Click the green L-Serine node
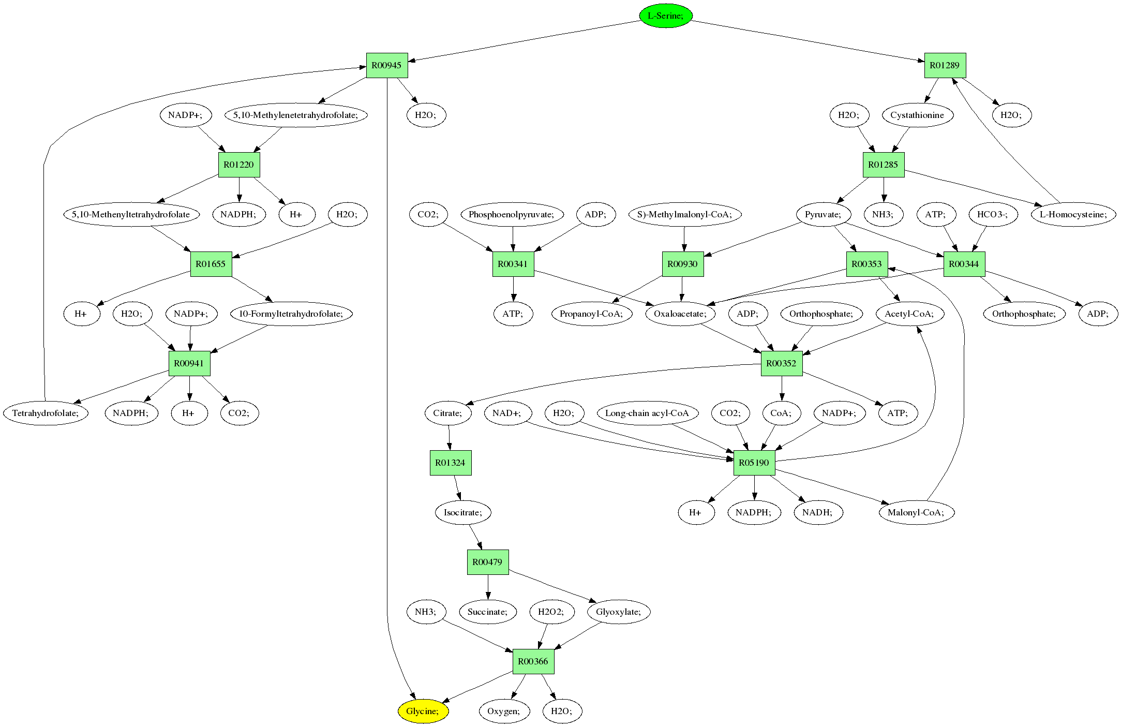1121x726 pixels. pyautogui.click(x=665, y=16)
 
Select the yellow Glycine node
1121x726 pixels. pyautogui.click(x=423, y=711)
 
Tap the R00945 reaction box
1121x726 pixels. pyautogui.click(x=386, y=65)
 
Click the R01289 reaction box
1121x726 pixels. pyautogui.click(x=945, y=65)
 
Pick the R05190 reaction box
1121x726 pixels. pyautogui.click(x=754, y=463)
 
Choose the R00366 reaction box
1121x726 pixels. pyautogui.click(x=533, y=661)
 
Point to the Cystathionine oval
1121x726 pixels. pyautogui.click(x=917, y=115)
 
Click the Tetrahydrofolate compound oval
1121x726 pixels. pyautogui.click(x=46, y=413)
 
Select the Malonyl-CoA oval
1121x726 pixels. pyautogui.click(x=916, y=512)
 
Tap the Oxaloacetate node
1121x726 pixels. pyautogui.click(x=680, y=314)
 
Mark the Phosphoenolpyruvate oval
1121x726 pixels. pyautogui.click(x=512, y=214)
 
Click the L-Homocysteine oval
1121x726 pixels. pyautogui.click(x=1073, y=214)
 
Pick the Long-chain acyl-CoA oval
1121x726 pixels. pyautogui.click(x=647, y=413)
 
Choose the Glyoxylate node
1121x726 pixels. pyautogui.click(x=619, y=612)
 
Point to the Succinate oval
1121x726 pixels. pyautogui.click(x=487, y=612)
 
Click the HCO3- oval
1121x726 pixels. pyautogui.click(x=992, y=214)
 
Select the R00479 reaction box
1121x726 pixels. pyautogui.click(x=487, y=562)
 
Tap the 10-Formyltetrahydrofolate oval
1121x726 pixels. pyautogui.click(x=291, y=314)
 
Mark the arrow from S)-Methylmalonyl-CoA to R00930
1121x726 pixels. pyautogui.click(x=684, y=239)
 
